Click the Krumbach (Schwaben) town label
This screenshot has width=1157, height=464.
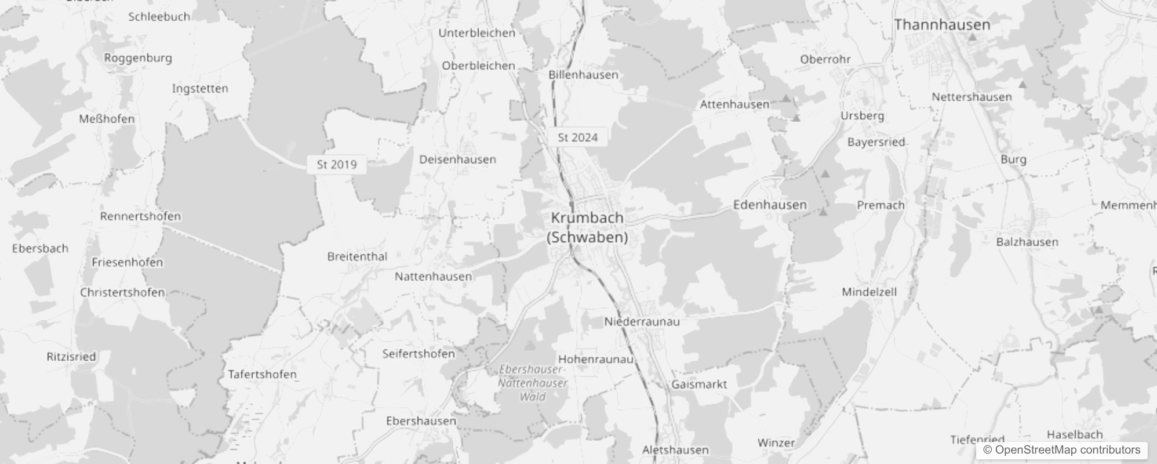[x=587, y=227]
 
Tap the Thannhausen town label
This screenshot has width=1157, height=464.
[x=942, y=25]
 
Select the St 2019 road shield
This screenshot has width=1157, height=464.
[x=337, y=165]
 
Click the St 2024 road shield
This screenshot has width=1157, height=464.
[x=577, y=137]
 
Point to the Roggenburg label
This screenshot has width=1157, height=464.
[x=138, y=58]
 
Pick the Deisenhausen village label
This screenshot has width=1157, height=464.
[x=457, y=159]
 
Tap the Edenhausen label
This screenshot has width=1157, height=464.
[x=770, y=205]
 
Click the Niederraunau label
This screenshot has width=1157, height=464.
[x=642, y=321]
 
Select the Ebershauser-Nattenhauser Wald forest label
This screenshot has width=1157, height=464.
[x=532, y=383]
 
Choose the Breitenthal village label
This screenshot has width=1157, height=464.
[x=357, y=256]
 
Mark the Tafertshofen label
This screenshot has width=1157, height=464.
[x=262, y=374]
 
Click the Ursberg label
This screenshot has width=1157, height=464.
[x=862, y=115]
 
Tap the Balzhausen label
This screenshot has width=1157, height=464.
[x=1027, y=242]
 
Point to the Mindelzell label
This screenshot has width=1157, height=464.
[x=869, y=292]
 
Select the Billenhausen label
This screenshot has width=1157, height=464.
[x=583, y=75]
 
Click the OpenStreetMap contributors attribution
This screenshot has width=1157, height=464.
[x=1061, y=449]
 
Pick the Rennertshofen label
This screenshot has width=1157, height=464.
[x=140, y=216]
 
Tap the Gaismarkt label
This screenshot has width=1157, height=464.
[x=698, y=384]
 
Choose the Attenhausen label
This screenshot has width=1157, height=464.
[x=734, y=104]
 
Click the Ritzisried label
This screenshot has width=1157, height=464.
[x=71, y=357]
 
